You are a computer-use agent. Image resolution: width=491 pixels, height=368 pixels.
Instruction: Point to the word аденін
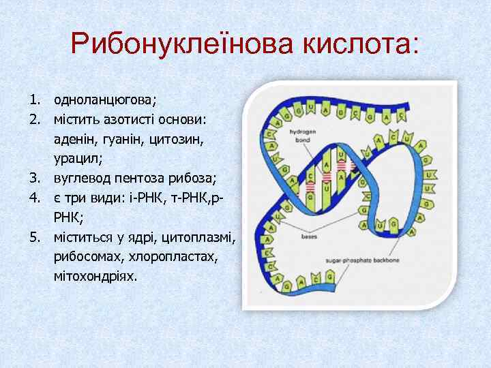76,139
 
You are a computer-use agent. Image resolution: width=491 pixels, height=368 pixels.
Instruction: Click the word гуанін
129,139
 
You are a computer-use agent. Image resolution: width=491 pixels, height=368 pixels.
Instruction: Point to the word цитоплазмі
198,238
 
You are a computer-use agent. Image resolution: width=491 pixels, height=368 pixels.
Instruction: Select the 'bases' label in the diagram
308,238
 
